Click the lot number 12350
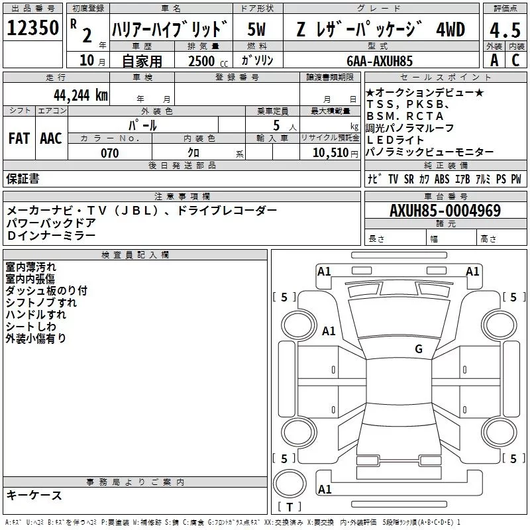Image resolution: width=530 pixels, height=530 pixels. coord(32,27)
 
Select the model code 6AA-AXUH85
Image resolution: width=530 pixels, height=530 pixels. coord(380,61)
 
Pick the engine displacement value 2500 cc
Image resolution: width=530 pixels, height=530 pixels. coord(204,61)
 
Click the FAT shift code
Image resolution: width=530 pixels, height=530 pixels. coord(19,138)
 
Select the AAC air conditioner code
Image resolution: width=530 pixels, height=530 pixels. coord(51,138)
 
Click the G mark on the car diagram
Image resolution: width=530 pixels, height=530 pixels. coord(419,348)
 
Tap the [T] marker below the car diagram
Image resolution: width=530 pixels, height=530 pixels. coord(290,507)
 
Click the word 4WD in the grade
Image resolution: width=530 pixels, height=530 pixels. coord(450,29)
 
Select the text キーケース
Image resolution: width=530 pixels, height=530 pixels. coord(34,496)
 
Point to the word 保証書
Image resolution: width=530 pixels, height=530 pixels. coord(23,178)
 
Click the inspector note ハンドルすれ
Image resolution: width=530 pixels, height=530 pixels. coord(36,315)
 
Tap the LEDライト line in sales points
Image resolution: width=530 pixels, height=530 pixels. coord(396,140)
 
